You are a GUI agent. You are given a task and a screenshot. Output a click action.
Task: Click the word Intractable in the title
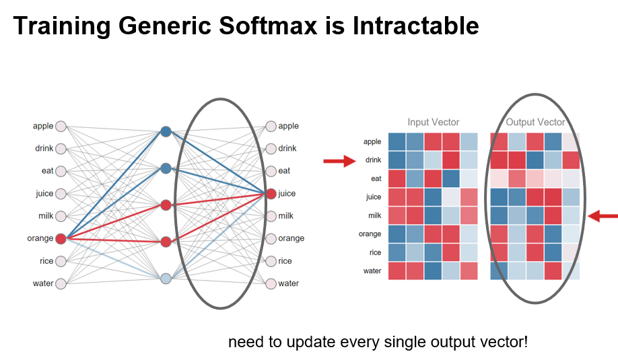(x=416, y=26)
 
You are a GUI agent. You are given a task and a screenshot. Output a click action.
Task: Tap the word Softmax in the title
(x=268, y=26)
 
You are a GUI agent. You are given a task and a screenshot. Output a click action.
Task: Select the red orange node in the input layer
(x=61, y=239)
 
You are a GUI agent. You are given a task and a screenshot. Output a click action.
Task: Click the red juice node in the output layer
(x=271, y=194)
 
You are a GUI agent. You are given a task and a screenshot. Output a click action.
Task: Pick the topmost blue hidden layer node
(x=166, y=132)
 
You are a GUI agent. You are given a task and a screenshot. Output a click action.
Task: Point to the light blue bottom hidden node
(x=166, y=279)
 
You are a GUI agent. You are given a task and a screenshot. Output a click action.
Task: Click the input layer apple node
(x=61, y=127)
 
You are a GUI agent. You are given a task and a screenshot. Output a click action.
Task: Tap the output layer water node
(x=271, y=283)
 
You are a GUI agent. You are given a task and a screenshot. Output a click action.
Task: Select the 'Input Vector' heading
(x=433, y=122)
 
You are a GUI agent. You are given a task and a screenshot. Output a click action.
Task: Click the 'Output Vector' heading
(x=535, y=122)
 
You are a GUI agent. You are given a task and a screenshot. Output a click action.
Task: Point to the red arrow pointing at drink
(x=339, y=161)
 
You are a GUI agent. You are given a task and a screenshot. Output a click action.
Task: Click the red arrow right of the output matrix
(x=603, y=216)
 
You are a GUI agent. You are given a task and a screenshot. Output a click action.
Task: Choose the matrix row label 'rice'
(x=375, y=252)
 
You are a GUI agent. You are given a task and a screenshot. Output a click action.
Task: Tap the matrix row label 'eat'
(x=376, y=179)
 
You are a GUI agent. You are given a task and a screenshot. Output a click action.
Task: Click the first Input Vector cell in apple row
(x=397, y=142)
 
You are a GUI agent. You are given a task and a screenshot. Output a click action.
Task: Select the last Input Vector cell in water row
(x=469, y=271)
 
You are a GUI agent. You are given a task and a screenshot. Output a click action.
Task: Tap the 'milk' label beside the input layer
(x=46, y=216)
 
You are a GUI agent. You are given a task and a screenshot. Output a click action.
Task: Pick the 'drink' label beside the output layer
(x=287, y=149)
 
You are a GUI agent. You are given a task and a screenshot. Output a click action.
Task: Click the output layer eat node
(x=271, y=172)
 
